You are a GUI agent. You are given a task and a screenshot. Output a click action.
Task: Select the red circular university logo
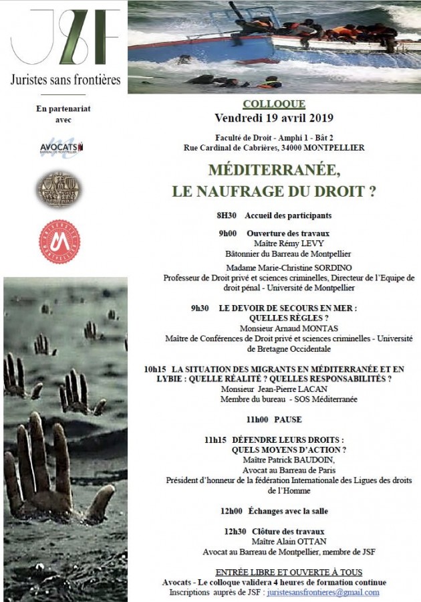[x=59, y=241]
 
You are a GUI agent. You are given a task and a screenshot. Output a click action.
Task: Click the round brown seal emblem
[x=59, y=190]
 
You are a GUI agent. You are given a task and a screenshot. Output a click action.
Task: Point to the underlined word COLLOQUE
[x=274, y=104]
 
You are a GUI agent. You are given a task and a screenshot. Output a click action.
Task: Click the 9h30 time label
[x=200, y=308]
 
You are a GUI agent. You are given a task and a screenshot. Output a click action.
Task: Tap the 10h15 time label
[x=155, y=369]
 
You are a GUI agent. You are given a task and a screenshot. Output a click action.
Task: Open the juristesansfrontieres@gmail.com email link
[x=323, y=593]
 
